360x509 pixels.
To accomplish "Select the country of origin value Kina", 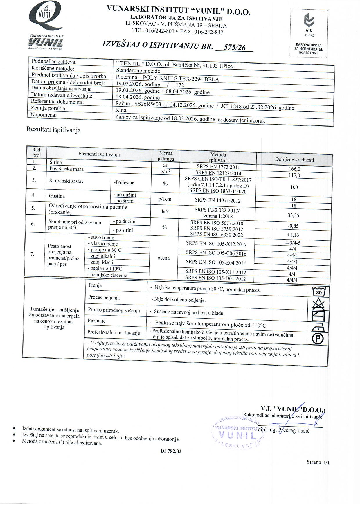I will click(x=121, y=110).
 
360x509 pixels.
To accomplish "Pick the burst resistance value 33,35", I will click(x=294, y=215).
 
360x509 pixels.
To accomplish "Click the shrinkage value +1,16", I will click(x=293, y=235).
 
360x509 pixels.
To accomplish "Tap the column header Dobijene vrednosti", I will click(x=294, y=160).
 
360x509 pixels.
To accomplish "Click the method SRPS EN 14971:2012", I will click(x=218, y=200).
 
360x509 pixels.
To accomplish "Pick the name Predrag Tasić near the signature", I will click(x=294, y=430).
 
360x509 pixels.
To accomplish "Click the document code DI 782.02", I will click(x=171, y=452).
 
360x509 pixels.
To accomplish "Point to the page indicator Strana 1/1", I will click(x=318, y=462).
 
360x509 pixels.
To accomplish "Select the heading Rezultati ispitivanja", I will click(x=54, y=130).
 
